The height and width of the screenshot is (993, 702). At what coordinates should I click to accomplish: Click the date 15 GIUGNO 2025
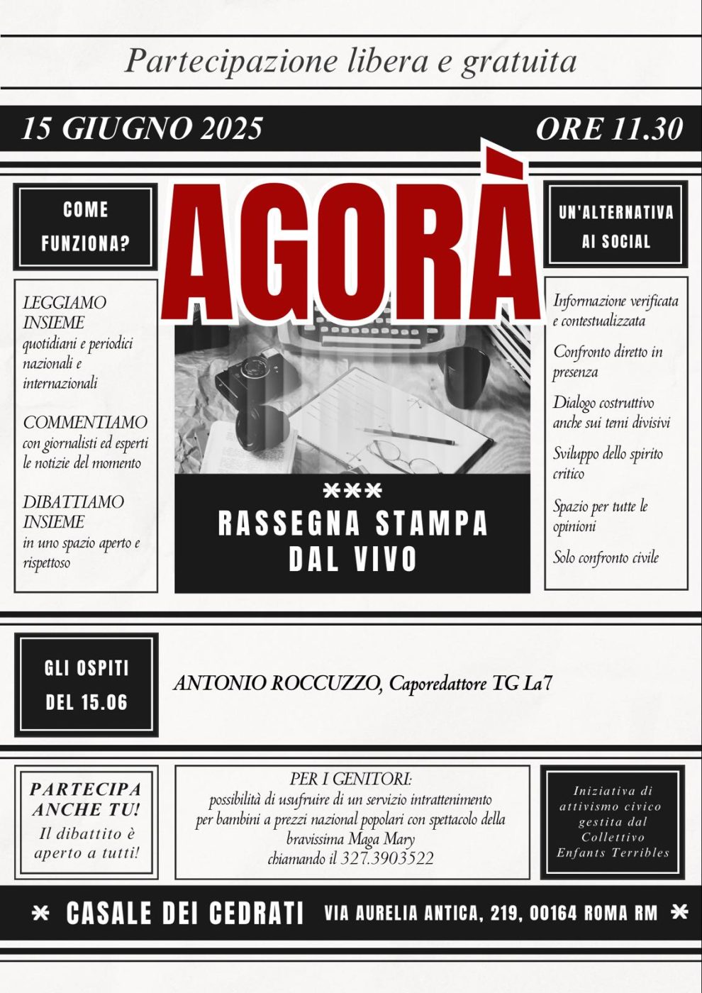coord(142,128)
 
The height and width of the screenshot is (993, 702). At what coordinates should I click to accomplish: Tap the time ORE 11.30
coord(608,128)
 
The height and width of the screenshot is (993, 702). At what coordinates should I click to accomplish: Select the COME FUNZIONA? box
coord(85,227)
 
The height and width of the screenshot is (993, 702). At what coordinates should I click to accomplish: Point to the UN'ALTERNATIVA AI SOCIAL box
coord(615,226)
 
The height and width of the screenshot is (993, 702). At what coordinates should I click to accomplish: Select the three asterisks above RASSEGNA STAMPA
coord(352,490)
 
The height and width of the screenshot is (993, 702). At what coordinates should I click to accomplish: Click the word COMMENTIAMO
coord(85,423)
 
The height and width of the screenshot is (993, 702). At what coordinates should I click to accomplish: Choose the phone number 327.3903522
coord(387,858)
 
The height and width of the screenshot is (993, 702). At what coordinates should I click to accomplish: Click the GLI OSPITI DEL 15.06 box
coord(87,684)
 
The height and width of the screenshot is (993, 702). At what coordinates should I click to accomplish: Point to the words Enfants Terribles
coord(613,853)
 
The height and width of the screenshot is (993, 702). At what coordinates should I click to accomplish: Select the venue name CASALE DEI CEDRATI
coord(185,914)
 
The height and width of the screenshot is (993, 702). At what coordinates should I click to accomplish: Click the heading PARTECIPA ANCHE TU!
coord(86,799)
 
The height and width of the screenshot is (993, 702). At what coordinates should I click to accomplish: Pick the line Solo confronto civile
coord(606,557)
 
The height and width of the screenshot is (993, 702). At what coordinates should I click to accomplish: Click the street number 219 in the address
coord(504,914)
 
